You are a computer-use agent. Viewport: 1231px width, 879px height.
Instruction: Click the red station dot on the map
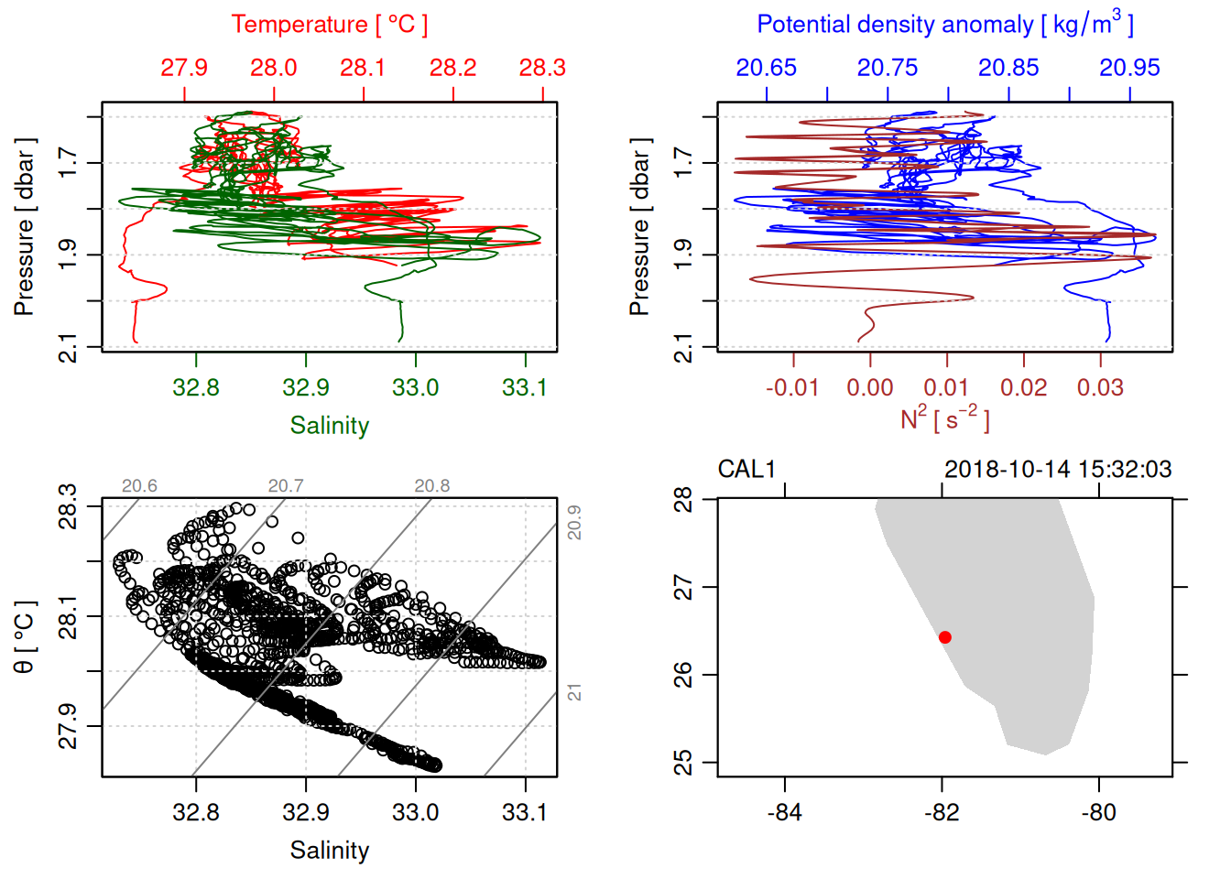[x=944, y=637]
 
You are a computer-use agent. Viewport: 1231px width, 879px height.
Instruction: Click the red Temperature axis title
[x=329, y=25]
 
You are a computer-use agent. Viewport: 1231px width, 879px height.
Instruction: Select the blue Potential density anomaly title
[x=944, y=25]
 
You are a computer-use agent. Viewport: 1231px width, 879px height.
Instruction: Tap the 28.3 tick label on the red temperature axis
[x=542, y=68]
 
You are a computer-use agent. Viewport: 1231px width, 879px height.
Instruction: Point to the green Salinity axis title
[x=329, y=426]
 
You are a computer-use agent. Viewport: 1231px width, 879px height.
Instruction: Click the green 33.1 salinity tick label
[x=525, y=388]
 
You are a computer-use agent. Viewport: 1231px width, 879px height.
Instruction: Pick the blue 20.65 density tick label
[x=767, y=68]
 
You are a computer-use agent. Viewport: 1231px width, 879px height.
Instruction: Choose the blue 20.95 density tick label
[x=1129, y=68]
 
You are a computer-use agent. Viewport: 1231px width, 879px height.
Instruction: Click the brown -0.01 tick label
[x=792, y=388]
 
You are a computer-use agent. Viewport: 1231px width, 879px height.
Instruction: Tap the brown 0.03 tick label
[x=1100, y=388]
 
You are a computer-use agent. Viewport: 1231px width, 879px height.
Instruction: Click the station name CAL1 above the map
[x=746, y=470]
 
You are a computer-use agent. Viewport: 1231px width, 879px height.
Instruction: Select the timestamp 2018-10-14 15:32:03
[x=1058, y=470]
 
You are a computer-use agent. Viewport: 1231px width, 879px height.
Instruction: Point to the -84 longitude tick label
[x=785, y=813]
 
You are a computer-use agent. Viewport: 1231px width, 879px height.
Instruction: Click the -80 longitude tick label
[x=1098, y=813]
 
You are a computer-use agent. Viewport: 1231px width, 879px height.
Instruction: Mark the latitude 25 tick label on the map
[x=683, y=763]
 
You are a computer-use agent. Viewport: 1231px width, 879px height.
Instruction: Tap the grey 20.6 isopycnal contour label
[x=139, y=486]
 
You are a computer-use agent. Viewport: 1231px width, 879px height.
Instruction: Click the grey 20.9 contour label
[x=574, y=522]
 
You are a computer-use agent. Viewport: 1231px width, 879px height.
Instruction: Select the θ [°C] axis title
[x=25, y=637]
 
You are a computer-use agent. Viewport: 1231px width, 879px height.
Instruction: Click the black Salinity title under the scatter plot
[x=329, y=851]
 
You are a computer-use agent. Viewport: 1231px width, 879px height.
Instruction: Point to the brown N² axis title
[x=944, y=418]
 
